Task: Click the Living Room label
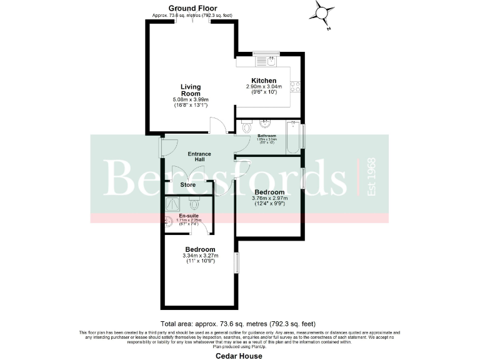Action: [191, 90]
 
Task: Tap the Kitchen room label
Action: [264, 80]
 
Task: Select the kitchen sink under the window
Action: [267, 61]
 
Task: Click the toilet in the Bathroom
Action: [245, 127]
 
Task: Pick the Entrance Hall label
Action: [199, 157]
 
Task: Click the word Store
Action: [188, 185]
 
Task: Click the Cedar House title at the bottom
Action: [239, 356]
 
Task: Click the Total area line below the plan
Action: [239, 324]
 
